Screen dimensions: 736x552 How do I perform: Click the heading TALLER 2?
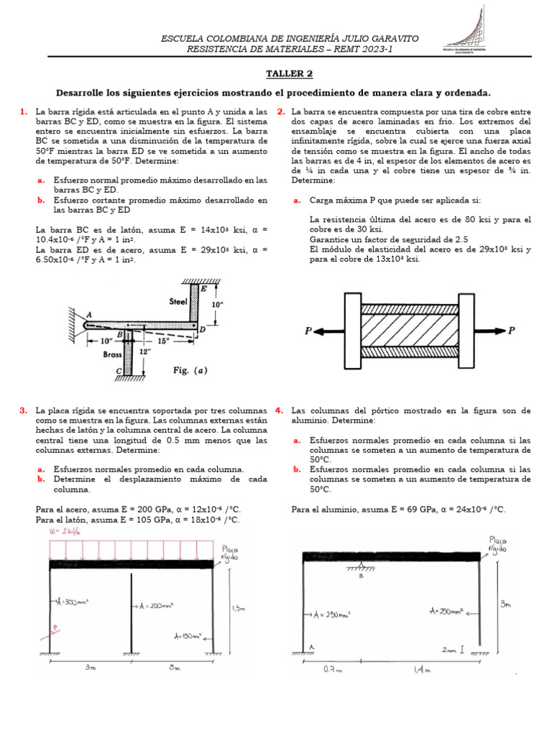point(290,74)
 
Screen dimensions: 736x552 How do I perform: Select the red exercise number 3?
point(24,410)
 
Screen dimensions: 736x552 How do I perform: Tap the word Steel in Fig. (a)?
point(178,302)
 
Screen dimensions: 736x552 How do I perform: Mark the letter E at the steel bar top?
point(204,289)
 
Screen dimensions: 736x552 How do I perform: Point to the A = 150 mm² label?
point(188,636)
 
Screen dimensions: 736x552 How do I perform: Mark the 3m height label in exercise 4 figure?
point(506,605)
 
